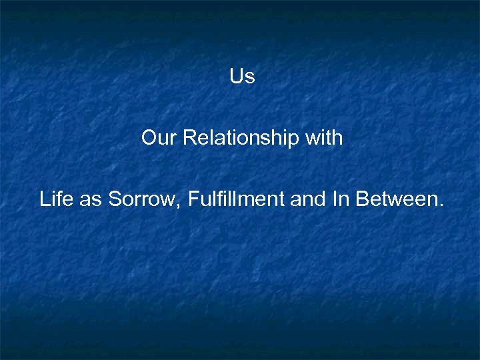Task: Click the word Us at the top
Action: click(242, 77)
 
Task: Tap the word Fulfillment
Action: click(237, 199)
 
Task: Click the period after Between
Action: click(440, 205)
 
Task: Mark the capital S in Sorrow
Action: click(115, 199)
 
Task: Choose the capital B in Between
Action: click(363, 199)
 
